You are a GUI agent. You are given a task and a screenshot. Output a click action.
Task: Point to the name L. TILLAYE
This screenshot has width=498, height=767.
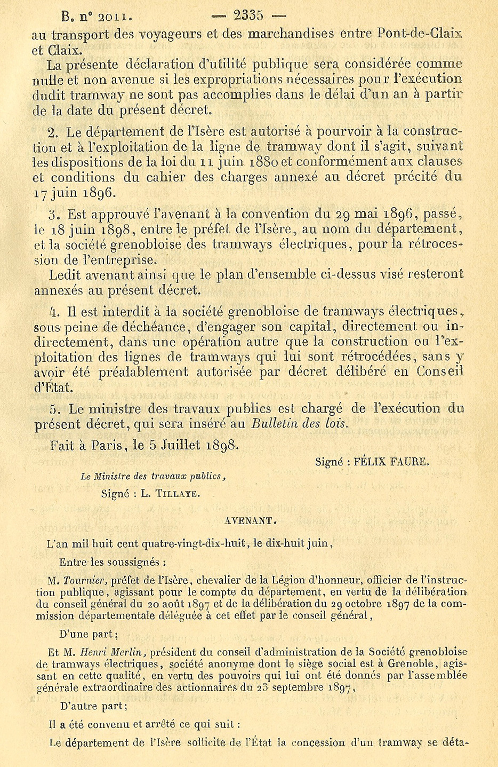171,494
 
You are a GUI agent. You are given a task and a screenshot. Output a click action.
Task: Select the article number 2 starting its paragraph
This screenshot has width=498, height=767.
52,132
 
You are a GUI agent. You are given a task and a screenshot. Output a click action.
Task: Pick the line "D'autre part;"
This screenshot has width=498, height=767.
94,706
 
